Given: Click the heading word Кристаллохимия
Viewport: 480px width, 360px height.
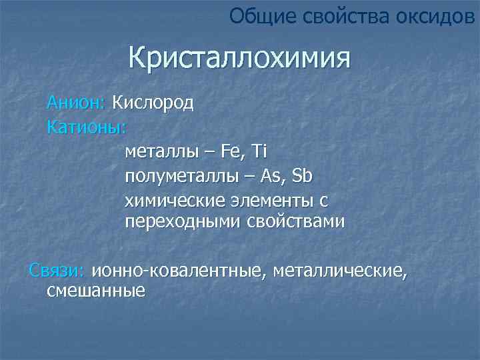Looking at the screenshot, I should (239, 58).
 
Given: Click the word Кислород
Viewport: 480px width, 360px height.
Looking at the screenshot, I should (153, 103).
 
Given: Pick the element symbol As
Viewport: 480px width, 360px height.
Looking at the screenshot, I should (271, 177).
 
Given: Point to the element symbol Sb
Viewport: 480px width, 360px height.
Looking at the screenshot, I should (303, 177).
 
